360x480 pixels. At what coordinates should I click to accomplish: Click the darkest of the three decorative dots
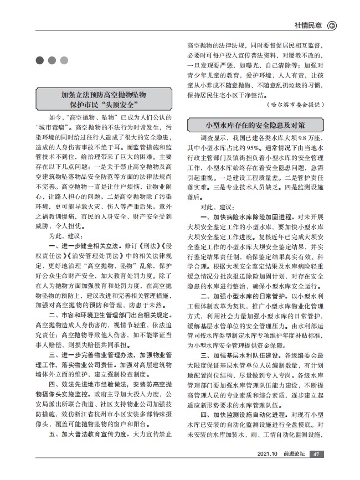(x=39, y=60)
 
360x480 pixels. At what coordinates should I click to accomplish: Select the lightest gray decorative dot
(x=64, y=60)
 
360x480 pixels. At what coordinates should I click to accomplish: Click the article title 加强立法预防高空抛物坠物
(x=107, y=95)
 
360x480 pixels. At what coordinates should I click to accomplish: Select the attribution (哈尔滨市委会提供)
(x=295, y=104)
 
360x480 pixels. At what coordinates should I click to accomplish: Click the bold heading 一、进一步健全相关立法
(x=88, y=244)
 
